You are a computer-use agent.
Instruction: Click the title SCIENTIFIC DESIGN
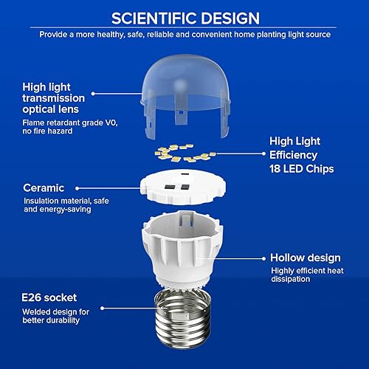click(184, 18)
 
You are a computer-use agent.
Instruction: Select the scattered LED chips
click(184, 154)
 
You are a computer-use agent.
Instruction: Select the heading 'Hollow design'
click(306, 258)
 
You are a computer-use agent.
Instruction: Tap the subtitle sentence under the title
click(184, 34)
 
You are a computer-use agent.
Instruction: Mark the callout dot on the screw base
click(103, 311)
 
